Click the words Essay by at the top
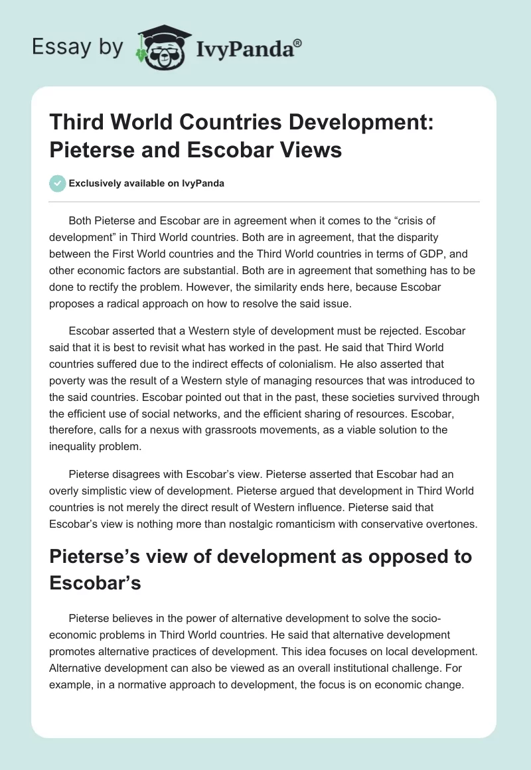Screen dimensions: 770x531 pyautogui.click(x=77, y=48)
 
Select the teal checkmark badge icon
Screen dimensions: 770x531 pyautogui.click(x=58, y=183)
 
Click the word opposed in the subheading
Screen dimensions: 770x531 pyautogui.click(x=380, y=556)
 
